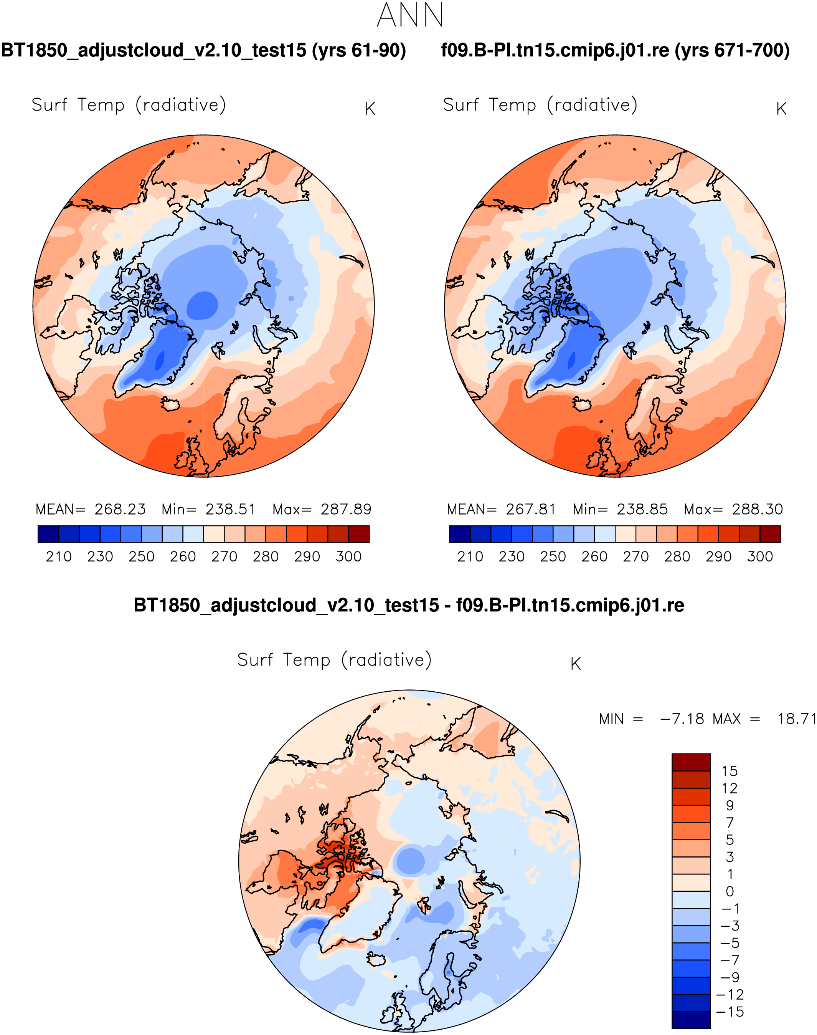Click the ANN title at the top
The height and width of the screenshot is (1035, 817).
click(x=410, y=16)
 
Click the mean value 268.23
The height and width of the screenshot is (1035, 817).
click(x=120, y=509)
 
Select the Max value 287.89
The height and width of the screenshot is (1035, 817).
click(x=346, y=509)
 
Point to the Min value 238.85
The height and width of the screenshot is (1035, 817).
click(x=642, y=509)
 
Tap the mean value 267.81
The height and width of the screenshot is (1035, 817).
click(x=531, y=509)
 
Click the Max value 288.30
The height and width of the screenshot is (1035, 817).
click(x=757, y=509)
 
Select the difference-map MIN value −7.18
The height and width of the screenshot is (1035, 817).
click(x=682, y=719)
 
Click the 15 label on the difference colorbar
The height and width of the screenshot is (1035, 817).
click(x=730, y=771)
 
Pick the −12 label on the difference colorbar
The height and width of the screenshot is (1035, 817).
click(x=730, y=995)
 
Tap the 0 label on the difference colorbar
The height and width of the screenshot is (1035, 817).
click(x=730, y=891)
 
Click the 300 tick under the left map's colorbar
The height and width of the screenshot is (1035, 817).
click(x=348, y=557)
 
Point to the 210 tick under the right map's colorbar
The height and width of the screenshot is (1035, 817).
click(x=470, y=557)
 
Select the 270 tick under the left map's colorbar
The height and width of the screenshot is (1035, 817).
click(x=224, y=557)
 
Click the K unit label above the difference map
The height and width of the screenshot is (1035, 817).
click(x=576, y=664)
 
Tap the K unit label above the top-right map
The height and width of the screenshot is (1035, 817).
click(x=781, y=109)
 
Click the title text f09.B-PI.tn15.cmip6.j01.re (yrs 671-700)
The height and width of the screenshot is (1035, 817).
click(x=615, y=50)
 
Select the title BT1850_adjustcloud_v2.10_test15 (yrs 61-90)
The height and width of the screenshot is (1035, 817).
click(x=203, y=50)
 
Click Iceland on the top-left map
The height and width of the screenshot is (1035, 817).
click(x=169, y=404)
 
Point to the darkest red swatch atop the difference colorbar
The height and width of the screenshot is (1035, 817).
click(x=691, y=762)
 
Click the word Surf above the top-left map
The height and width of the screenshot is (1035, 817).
click(x=49, y=105)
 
